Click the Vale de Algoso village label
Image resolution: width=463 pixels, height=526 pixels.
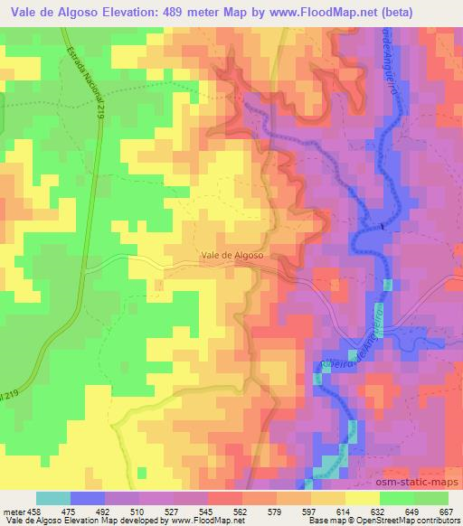(x=233, y=256)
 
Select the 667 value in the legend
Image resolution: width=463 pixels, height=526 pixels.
(x=446, y=510)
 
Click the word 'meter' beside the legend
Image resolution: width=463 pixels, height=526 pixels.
(x=13, y=510)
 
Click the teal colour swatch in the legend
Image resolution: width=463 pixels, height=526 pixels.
(x=53, y=498)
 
